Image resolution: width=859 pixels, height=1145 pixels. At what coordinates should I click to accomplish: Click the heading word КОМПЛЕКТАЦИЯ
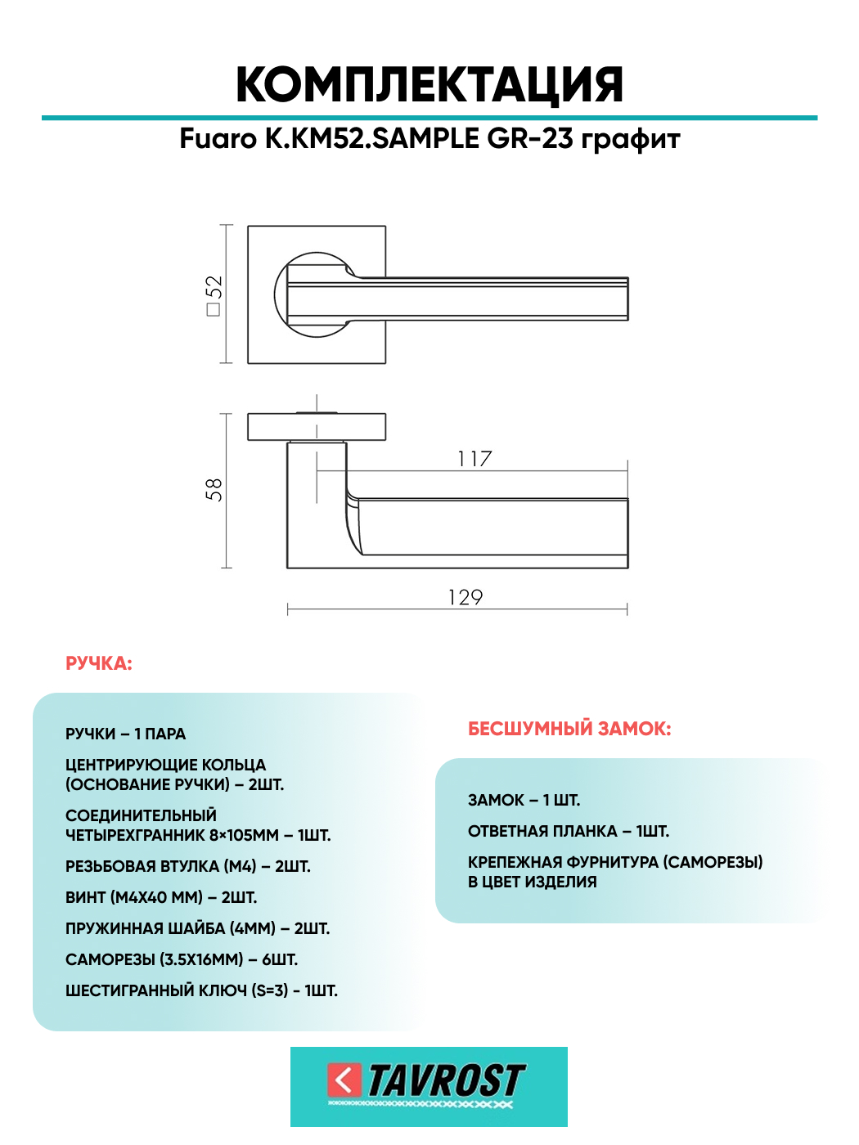[429, 85]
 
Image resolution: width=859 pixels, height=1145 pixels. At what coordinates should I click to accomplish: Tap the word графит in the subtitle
[631, 139]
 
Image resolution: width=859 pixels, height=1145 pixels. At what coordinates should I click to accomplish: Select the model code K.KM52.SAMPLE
[371, 138]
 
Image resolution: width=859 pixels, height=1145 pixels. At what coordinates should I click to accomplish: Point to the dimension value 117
[474, 459]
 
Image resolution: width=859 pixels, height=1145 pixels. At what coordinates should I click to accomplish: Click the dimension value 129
[465, 598]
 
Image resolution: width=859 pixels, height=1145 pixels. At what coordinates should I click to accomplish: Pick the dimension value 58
[214, 490]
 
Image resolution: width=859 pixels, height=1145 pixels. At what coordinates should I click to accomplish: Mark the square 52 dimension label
[214, 294]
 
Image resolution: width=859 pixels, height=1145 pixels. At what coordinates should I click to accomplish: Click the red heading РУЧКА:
[98, 663]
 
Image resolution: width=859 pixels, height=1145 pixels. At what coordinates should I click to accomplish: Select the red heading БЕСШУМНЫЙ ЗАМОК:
[569, 729]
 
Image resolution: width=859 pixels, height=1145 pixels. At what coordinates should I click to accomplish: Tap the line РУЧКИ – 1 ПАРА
[125, 734]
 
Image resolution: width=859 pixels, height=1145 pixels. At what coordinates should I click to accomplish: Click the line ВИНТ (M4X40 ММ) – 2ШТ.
[161, 898]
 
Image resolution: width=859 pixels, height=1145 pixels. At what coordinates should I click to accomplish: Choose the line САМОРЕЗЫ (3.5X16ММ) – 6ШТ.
[181, 960]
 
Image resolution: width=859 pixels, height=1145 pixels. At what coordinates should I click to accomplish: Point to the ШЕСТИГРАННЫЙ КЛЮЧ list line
[201, 991]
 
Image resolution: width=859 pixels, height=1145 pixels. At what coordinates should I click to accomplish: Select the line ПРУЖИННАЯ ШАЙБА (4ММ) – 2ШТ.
[197, 929]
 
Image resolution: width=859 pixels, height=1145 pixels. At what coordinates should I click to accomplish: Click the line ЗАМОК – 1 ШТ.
[524, 801]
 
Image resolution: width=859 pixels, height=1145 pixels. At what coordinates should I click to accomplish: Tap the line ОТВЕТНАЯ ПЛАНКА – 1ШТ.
[569, 832]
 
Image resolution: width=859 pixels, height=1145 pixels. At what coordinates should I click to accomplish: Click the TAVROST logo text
[446, 1081]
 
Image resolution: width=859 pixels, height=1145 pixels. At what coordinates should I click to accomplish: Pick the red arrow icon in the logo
[344, 1080]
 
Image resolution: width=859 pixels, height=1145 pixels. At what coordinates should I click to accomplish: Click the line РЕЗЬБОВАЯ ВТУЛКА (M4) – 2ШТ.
[187, 867]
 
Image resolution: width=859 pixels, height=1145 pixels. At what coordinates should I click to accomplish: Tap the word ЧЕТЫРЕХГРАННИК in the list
[135, 836]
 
